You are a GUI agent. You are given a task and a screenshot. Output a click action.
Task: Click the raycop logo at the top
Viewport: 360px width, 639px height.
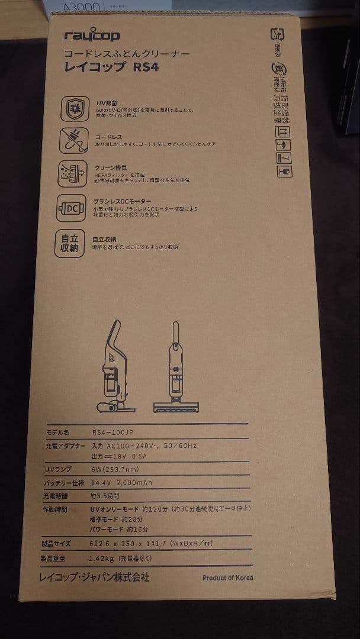tap(92, 37)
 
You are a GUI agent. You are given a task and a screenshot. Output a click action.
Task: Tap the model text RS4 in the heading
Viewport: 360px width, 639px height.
tap(146, 67)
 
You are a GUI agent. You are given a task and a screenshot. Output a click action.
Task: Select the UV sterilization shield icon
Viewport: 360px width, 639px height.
tap(75, 108)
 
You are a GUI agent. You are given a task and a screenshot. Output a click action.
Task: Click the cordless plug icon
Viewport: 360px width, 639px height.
tap(75, 140)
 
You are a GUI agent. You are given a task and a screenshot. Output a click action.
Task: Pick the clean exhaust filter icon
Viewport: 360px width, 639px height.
tap(74, 174)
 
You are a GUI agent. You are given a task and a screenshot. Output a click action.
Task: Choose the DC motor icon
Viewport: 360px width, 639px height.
tap(74, 208)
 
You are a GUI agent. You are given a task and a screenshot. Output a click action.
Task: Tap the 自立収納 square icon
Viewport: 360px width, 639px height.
tap(70, 243)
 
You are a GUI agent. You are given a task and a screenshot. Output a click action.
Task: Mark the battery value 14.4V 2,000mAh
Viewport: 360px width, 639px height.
tap(122, 483)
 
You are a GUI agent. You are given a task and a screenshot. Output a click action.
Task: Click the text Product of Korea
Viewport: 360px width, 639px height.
tap(227, 577)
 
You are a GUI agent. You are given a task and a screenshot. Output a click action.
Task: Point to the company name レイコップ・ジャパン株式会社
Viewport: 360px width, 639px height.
tap(94, 576)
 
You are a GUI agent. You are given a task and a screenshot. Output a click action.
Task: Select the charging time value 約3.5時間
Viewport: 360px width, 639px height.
tap(105, 496)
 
